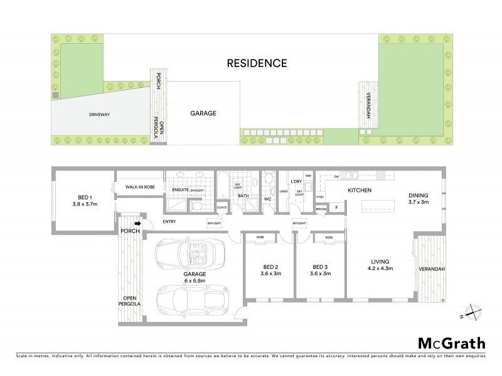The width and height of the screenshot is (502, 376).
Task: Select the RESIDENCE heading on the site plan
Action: [257, 63]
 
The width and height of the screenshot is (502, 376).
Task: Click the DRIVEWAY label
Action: [100, 115]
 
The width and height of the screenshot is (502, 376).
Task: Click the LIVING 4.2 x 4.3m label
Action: [379, 264]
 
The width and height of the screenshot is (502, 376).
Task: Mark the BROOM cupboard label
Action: [321, 209]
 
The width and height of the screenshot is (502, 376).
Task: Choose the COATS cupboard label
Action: [222, 208]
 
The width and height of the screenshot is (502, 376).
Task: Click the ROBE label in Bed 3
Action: [328, 238]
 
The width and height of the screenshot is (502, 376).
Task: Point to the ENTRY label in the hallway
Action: [169, 221]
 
